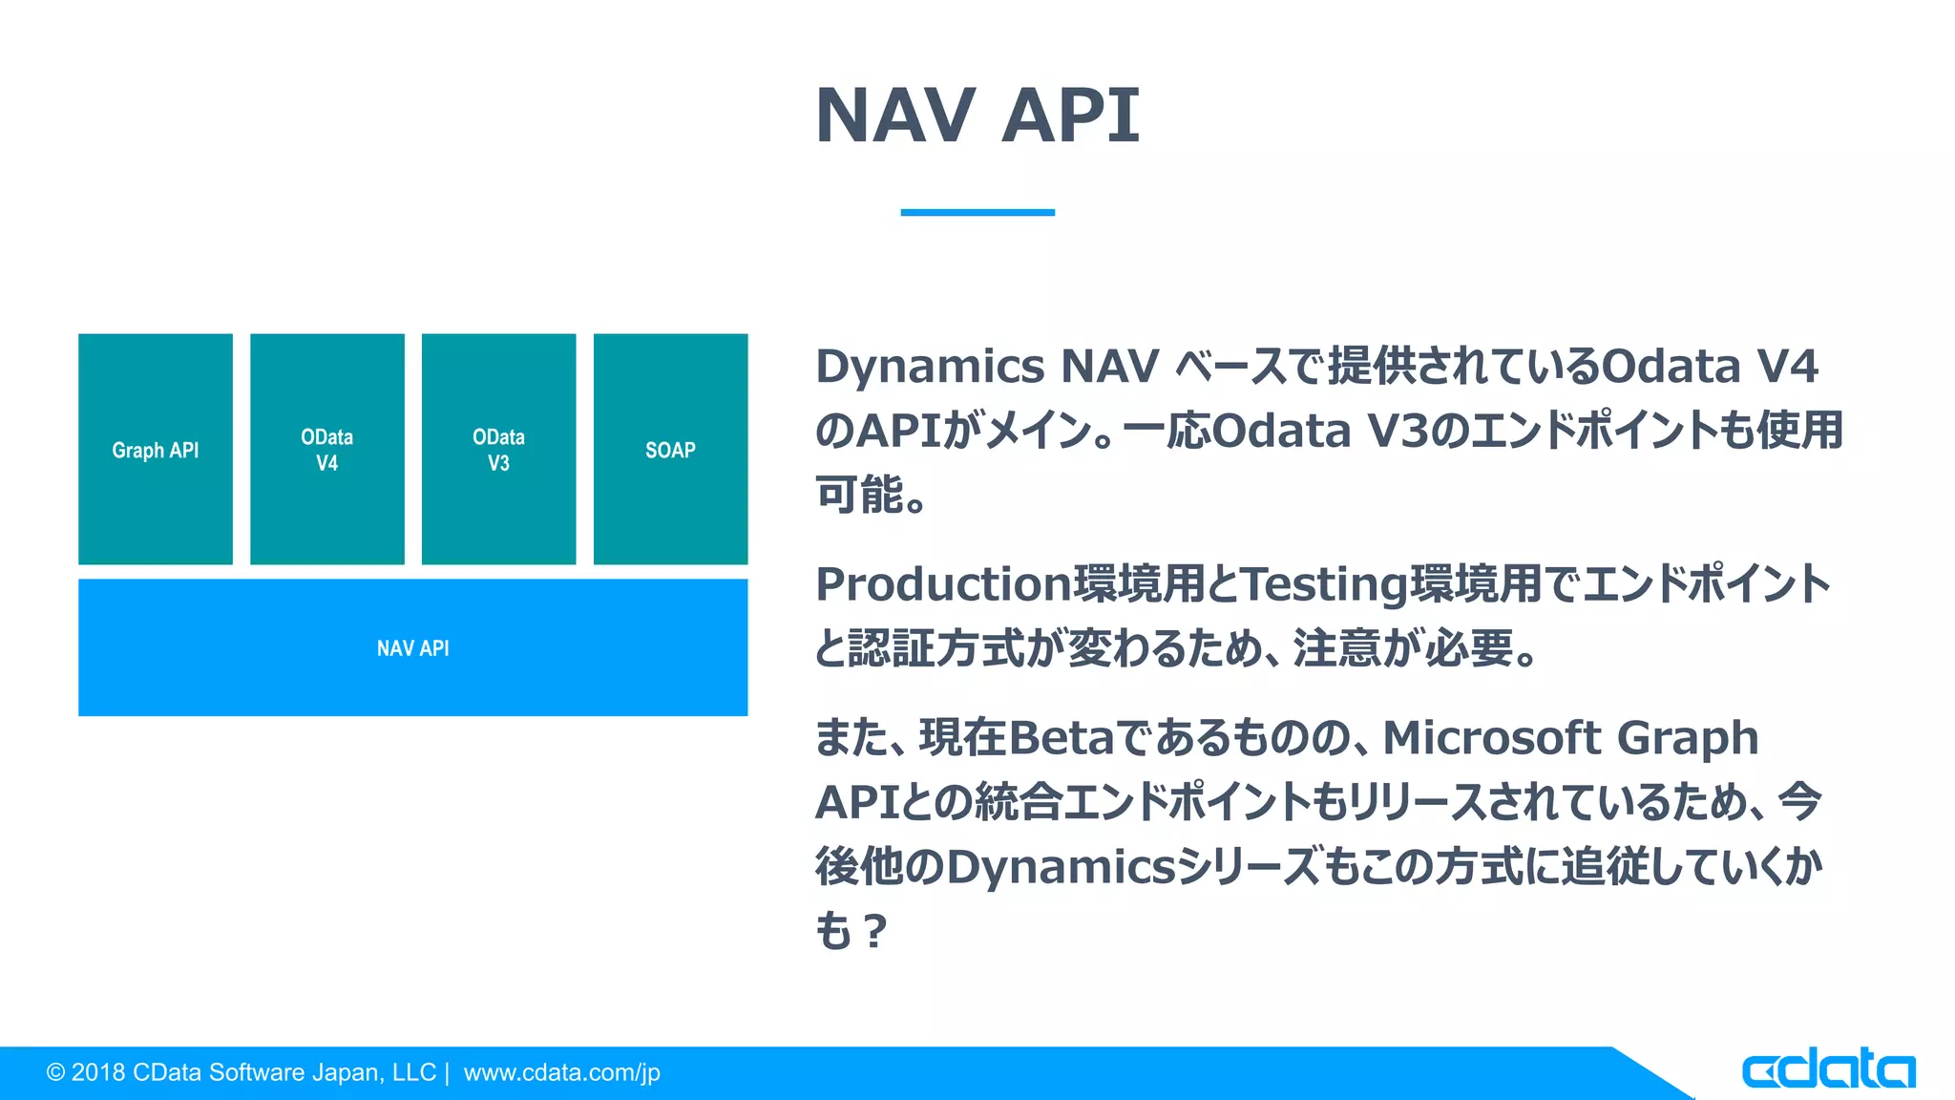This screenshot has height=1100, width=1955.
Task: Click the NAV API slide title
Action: tap(977, 116)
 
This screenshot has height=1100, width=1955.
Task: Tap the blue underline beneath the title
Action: tap(977, 212)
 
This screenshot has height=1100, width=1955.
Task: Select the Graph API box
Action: tap(156, 450)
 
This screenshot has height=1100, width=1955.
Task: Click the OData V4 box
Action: tap(327, 450)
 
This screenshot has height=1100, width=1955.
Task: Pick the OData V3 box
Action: tap(498, 450)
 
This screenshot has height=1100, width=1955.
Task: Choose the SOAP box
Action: tap(670, 450)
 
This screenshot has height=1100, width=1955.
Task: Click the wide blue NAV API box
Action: tap(412, 648)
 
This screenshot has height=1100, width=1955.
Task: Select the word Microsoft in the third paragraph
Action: tap(1489, 738)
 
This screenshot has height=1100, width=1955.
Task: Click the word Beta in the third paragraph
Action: tap(1060, 738)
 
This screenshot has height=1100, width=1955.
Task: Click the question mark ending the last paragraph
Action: tap(873, 932)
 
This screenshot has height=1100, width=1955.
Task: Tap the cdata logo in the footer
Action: tap(1827, 1069)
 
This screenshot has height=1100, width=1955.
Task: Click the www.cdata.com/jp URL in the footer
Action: tap(561, 1073)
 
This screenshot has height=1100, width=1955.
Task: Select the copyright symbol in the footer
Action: tap(55, 1073)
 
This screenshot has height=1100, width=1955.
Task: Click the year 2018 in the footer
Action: tap(98, 1073)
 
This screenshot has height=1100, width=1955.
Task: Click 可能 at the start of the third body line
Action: tap(858, 495)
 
